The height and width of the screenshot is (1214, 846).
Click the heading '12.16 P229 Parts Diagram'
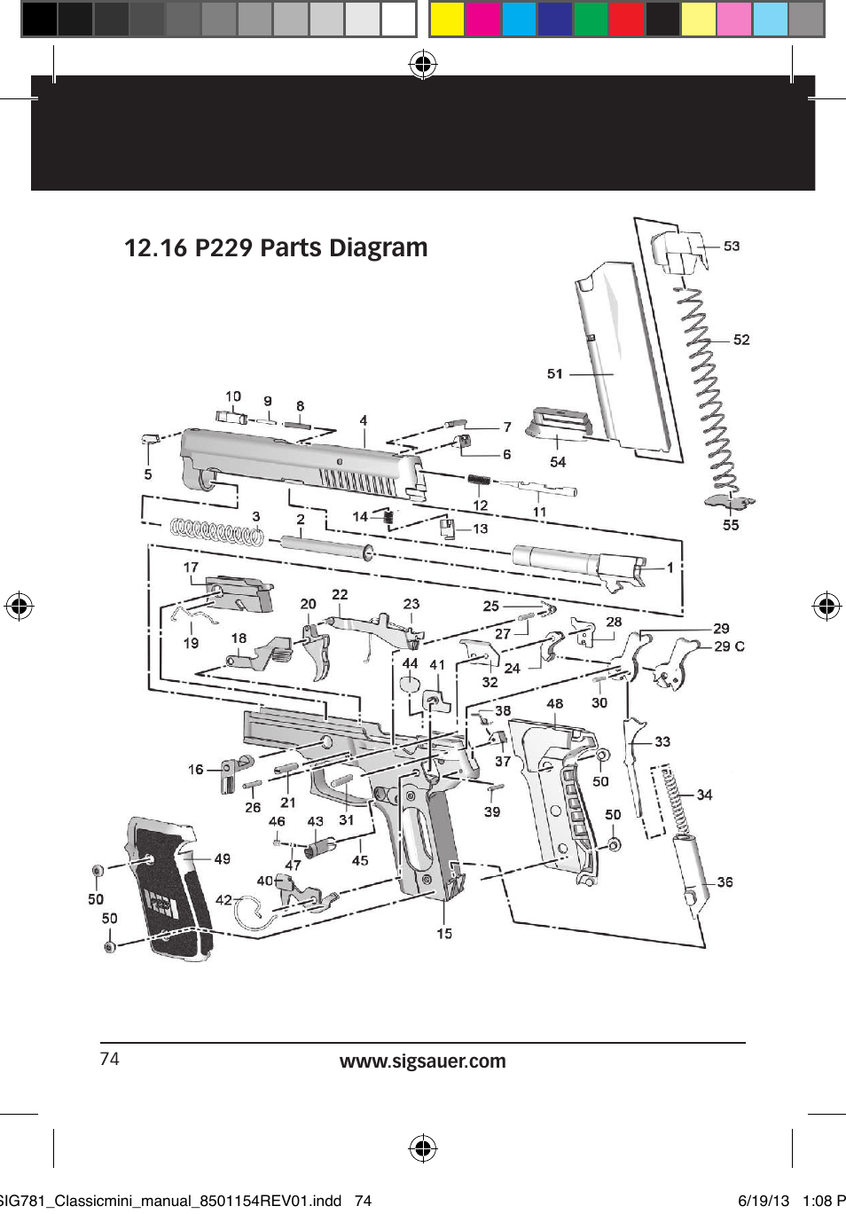pyautogui.click(x=276, y=247)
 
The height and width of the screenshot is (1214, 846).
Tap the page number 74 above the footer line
pyautogui.click(x=109, y=1059)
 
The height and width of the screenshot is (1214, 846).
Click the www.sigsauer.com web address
pyautogui.click(x=422, y=1061)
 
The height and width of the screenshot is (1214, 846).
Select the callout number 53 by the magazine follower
pyautogui.click(x=732, y=246)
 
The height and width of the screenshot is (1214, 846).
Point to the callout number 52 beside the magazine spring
pyautogui.click(x=741, y=340)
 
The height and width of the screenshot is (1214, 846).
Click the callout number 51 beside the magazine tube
pyautogui.click(x=555, y=373)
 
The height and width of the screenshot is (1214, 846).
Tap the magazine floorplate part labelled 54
pyautogui.click(x=555, y=425)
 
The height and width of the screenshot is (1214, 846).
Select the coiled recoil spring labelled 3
pyautogui.click(x=216, y=531)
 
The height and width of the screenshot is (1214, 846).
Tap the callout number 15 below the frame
pyautogui.click(x=444, y=934)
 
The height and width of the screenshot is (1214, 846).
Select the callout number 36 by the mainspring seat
pyautogui.click(x=725, y=881)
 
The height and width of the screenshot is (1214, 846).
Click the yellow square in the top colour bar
pyautogui.click(x=447, y=19)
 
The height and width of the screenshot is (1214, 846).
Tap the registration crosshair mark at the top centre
pyautogui.click(x=423, y=64)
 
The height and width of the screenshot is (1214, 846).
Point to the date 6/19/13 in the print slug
pyautogui.click(x=764, y=1201)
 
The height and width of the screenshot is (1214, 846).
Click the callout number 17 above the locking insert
pyautogui.click(x=191, y=568)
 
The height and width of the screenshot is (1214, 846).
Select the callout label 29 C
pyautogui.click(x=729, y=646)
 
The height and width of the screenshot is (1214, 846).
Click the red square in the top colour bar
pyautogui.click(x=626, y=19)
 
